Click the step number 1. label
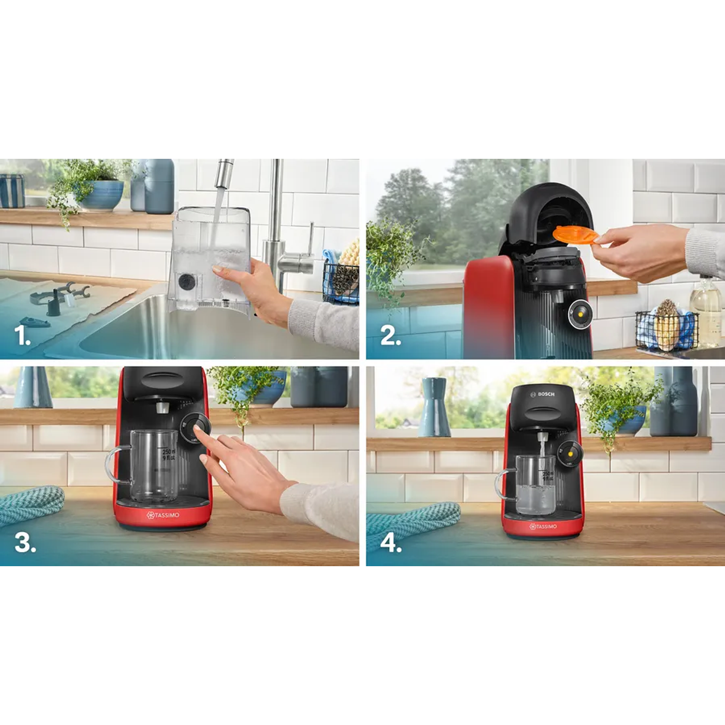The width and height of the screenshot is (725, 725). pos(22,336)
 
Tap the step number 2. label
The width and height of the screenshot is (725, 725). pos(390,336)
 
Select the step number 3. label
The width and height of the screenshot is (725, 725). pos(25,542)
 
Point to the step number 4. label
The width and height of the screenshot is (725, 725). pos(391,542)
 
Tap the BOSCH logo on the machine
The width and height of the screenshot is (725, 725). pos(542,394)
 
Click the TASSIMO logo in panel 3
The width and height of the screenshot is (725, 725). pos(163,515)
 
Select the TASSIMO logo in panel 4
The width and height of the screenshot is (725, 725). pos(543,526)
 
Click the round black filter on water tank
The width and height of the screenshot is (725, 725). pos(186,282)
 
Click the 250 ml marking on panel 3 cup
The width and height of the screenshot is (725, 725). pos(169,452)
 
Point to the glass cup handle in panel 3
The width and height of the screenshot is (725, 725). pos(116,464)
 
